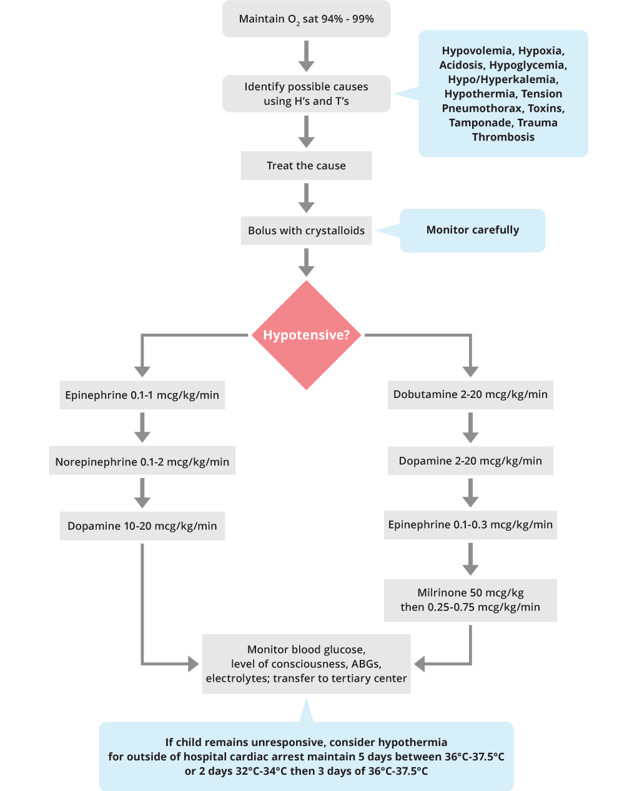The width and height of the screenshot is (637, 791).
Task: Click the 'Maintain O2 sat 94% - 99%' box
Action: click(306, 19)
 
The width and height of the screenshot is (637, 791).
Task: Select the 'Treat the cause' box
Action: click(306, 166)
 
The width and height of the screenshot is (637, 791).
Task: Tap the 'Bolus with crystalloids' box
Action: click(306, 231)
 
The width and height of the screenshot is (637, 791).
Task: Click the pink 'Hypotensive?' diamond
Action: click(306, 335)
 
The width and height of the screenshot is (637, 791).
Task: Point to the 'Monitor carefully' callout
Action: click(472, 231)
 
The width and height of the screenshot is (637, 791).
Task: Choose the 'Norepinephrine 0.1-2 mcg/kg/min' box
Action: click(142, 460)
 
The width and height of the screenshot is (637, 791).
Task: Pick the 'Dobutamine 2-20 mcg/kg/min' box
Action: click(470, 395)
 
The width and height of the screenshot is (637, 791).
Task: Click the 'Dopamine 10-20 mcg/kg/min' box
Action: click(142, 525)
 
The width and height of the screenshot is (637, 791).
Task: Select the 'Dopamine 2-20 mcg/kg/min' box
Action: click(470, 460)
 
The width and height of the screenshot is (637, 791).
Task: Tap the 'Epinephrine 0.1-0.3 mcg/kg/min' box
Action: click(470, 525)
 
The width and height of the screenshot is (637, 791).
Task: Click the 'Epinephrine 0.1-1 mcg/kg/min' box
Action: click(142, 395)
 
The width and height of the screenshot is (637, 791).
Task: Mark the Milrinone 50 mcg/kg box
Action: click(470, 600)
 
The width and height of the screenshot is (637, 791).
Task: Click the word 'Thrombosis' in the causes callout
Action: click(503, 137)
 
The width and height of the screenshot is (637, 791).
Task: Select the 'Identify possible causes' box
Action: click(306, 94)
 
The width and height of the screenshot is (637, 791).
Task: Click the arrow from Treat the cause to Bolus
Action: click(306, 198)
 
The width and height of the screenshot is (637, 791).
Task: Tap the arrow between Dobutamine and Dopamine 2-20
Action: click(470, 427)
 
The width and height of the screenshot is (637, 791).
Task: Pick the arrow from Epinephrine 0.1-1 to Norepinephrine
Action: click(142, 427)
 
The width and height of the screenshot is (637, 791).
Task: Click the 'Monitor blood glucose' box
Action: click(306, 664)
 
